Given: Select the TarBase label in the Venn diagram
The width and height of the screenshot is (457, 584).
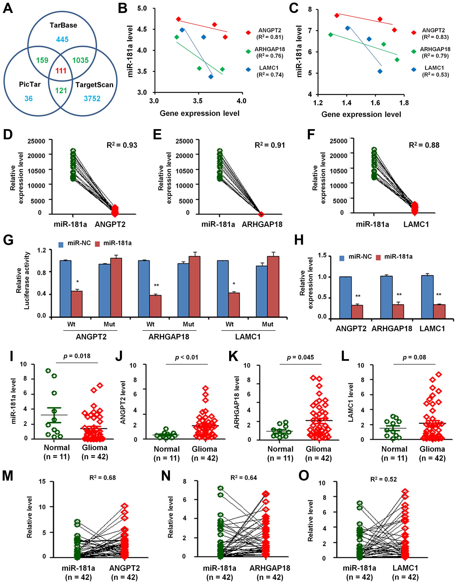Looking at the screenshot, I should (63, 26).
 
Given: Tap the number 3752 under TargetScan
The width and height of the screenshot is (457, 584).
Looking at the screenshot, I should (92, 99).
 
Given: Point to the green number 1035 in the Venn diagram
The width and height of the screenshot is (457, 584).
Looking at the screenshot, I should (81, 60).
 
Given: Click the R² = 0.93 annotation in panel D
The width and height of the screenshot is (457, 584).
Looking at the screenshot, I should (122, 145).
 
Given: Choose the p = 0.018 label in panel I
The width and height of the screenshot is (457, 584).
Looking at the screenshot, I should (77, 356).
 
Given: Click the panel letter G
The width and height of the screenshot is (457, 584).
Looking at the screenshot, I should (8, 240).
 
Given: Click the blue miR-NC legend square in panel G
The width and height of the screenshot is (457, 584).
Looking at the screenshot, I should (61, 244).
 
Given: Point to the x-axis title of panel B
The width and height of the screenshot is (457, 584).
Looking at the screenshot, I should (199, 113).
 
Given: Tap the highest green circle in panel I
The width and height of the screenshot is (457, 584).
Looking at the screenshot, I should (48, 371).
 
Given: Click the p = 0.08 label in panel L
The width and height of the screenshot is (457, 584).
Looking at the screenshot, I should (414, 357).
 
